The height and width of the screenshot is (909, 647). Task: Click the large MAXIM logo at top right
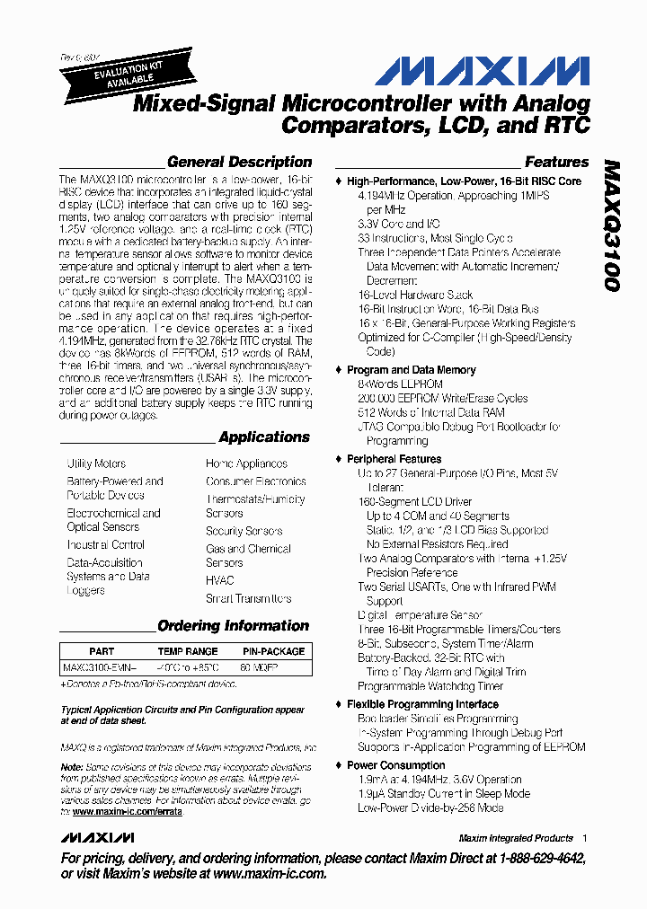point(482,72)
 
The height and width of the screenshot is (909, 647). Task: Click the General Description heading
point(239,163)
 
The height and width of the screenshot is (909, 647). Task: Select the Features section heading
point(556,163)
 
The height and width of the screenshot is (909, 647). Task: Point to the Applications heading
point(264,437)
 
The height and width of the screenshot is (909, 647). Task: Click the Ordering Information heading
point(233,626)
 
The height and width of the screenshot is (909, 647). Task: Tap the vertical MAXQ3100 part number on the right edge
point(612,225)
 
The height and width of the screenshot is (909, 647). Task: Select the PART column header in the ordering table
point(102,651)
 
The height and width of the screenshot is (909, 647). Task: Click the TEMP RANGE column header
point(188,651)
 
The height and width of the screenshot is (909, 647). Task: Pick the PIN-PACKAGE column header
point(274,651)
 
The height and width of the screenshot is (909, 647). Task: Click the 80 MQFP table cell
point(259,668)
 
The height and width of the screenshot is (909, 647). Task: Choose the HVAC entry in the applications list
point(219,580)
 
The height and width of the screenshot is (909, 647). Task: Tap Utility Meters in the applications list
point(96,463)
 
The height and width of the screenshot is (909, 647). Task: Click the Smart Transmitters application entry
point(248,598)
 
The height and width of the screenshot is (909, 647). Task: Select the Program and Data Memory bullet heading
point(412,370)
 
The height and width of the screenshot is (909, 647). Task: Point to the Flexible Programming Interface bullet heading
point(422,704)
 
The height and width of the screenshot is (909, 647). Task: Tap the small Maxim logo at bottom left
point(91,838)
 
